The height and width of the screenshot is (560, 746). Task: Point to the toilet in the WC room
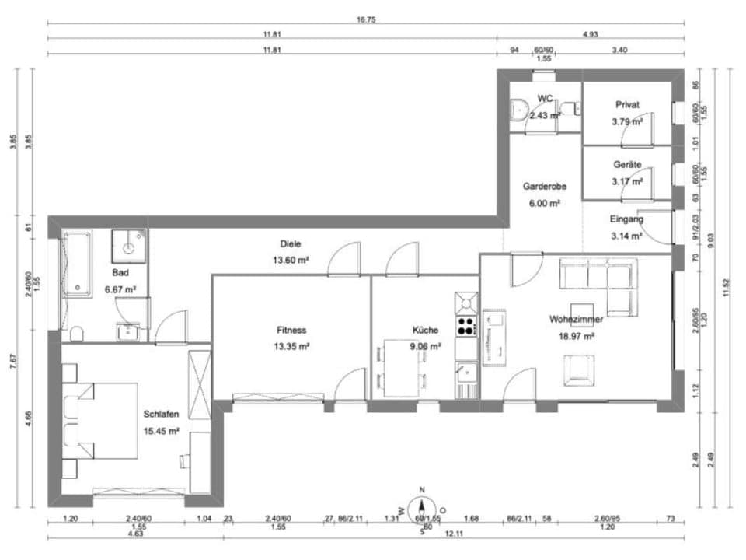(518, 111)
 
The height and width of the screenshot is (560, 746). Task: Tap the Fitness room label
(291, 330)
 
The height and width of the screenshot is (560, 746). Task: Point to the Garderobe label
(544, 187)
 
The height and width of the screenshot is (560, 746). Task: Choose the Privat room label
(627, 104)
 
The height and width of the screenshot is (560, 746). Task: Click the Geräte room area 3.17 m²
(627, 182)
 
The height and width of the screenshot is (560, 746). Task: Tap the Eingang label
(626, 219)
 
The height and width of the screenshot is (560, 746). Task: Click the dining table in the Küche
(402, 369)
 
